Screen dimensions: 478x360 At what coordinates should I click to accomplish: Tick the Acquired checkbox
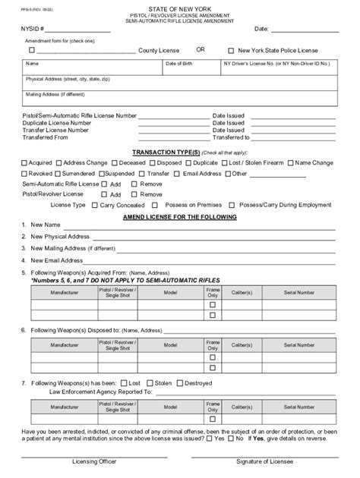pos(25,162)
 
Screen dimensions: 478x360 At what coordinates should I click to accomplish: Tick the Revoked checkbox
pos(25,173)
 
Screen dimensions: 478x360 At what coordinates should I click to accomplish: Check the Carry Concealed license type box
pos(94,205)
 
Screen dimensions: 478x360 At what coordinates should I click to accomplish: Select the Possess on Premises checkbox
pos(155,205)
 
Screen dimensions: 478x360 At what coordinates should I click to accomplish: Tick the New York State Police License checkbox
pos(231,49)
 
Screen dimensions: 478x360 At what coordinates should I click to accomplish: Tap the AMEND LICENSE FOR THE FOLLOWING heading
pos(180,216)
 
